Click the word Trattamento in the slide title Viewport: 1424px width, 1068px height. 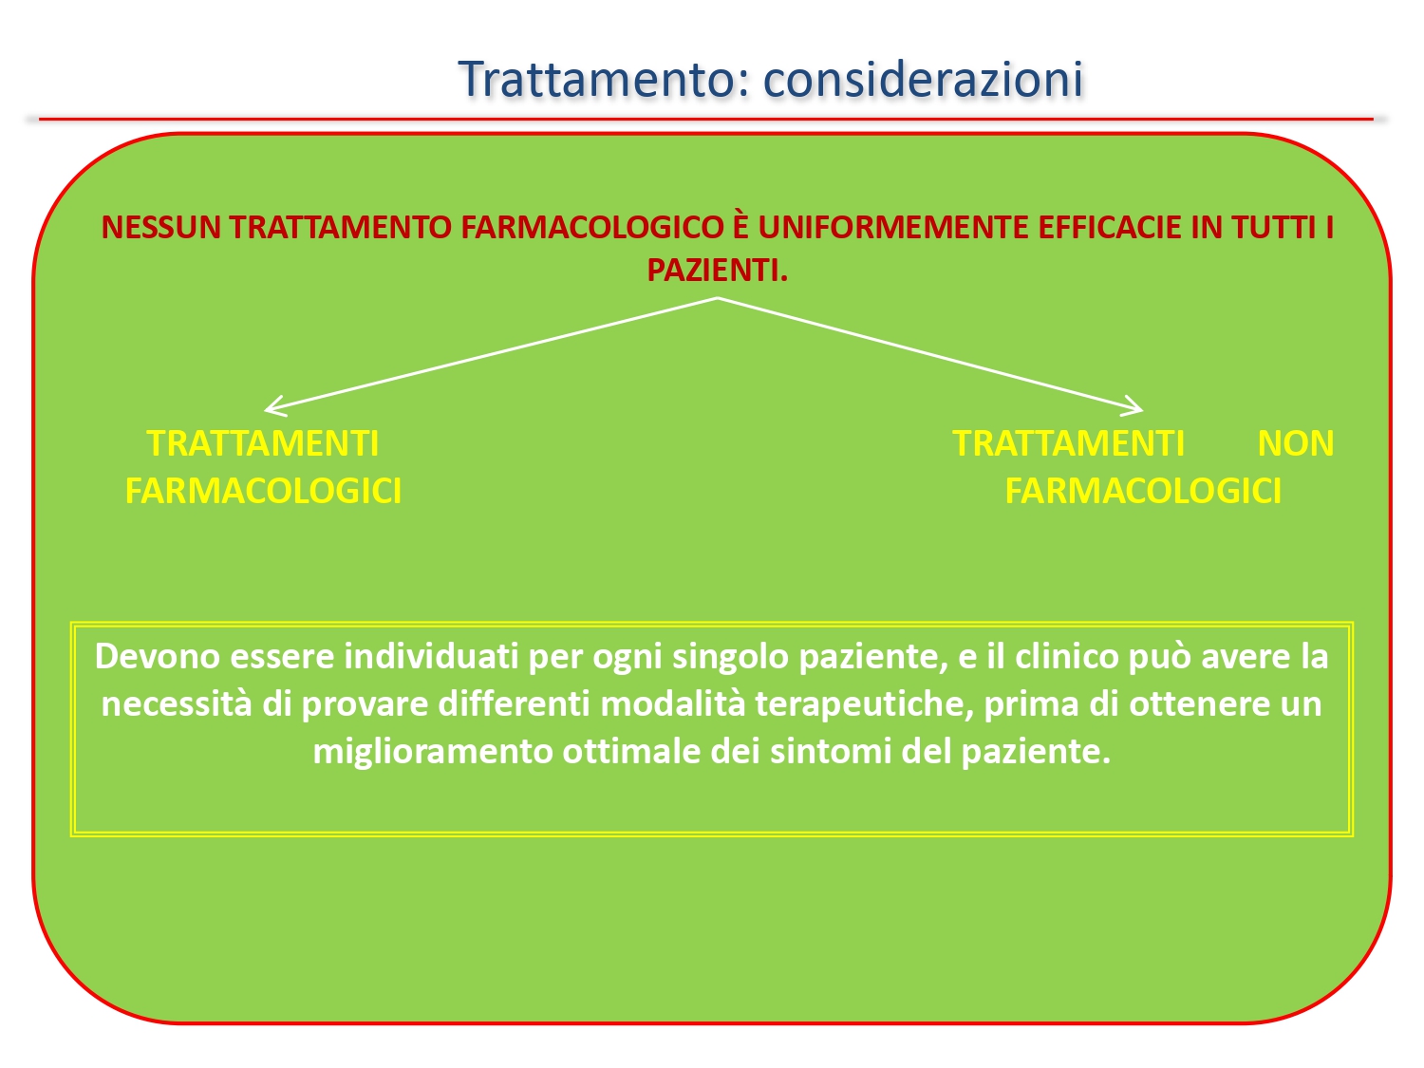pos(595,79)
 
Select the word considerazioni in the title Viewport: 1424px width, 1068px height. pos(923,79)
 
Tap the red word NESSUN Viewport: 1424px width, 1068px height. pos(160,228)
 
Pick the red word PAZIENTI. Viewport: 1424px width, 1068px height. pos(717,271)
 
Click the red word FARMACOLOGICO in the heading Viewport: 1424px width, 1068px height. pos(591,228)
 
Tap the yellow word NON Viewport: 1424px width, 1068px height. pos(1295,443)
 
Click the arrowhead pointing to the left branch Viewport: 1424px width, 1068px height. pos(272,407)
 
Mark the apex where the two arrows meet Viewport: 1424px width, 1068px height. pos(717,298)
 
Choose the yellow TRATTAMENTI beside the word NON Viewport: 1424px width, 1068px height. pos(1068,443)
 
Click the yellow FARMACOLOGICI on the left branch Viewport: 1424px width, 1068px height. pos(263,491)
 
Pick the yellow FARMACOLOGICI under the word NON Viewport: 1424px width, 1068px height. pos(1142,491)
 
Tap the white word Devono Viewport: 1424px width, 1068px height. pos(157,656)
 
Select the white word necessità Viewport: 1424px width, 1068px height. pos(176,704)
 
